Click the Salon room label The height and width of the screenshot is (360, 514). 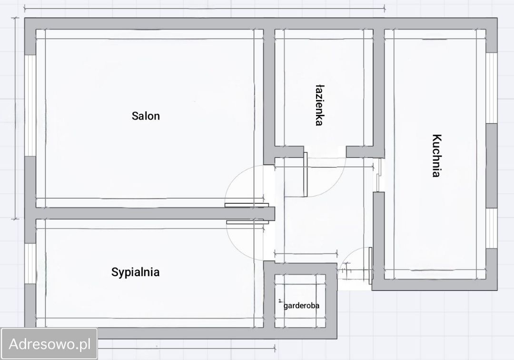146,116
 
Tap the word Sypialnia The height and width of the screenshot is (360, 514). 135,272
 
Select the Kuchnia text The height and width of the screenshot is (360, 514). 436,155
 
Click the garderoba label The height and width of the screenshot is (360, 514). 301,306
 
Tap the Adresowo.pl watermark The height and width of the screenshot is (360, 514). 49,344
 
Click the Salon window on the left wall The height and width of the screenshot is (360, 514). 30,105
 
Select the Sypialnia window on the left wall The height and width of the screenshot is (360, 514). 30,264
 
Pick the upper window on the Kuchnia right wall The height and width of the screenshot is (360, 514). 491,88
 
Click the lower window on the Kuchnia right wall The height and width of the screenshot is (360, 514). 491,228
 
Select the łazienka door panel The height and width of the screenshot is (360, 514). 306,174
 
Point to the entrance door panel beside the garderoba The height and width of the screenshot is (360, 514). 370,266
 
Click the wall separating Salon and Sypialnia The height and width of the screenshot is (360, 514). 155,213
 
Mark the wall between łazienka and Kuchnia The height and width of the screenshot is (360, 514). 379,89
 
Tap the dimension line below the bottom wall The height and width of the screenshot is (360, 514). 187,349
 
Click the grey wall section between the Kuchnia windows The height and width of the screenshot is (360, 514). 491,166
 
